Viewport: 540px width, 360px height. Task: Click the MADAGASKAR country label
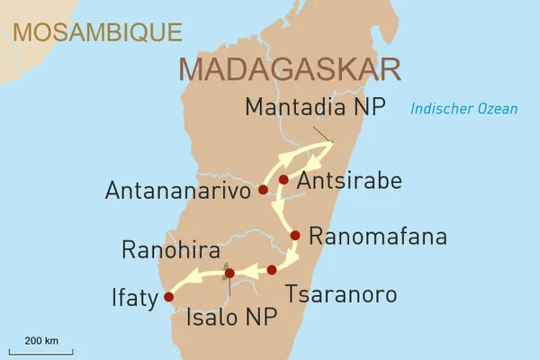point(290,69)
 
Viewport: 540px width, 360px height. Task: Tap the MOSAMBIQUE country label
point(96,31)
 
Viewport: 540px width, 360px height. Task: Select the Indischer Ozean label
point(463,109)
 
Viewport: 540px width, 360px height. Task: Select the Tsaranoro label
point(339,294)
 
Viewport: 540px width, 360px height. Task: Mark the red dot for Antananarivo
point(263,190)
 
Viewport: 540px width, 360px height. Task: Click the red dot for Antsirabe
point(283,180)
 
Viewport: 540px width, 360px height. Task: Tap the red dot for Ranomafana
point(294,236)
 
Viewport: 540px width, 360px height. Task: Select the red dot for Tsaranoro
point(272,269)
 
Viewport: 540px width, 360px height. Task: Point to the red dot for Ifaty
point(167,295)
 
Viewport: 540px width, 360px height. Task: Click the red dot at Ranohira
point(229,273)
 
